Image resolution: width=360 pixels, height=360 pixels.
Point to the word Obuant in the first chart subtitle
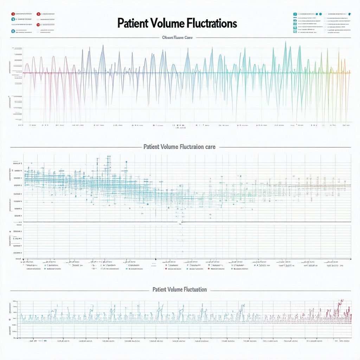coord(167,38)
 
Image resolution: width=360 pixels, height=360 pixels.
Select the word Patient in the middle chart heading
coord(152,147)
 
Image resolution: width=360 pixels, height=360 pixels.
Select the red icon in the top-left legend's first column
coord(13,14)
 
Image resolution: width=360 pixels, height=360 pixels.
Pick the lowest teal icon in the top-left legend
coord(13,31)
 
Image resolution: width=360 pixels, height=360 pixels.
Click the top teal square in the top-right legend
coord(295,14)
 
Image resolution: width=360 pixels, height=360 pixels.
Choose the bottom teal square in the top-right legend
coord(295,32)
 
